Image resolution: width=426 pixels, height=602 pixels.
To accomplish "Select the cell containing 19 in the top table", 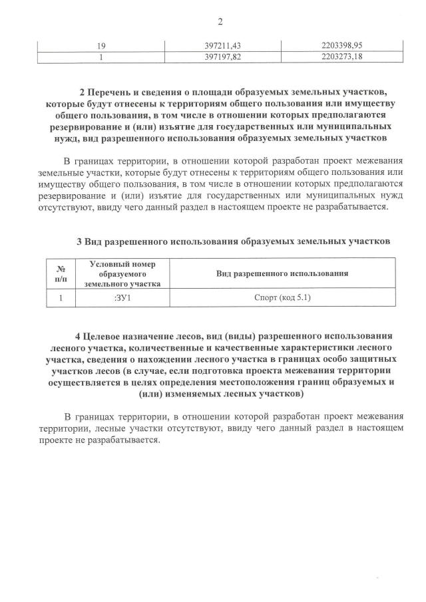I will coord(103,45).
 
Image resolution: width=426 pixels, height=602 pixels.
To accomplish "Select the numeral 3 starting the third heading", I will coord(79,239).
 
